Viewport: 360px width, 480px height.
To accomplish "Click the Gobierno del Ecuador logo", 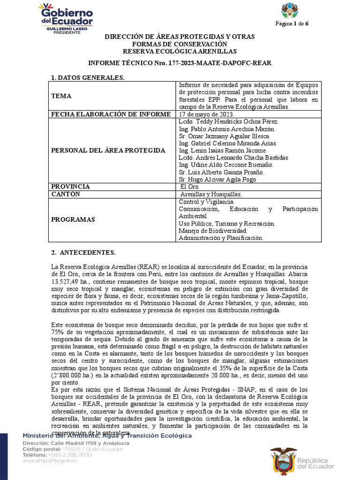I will point(65,17).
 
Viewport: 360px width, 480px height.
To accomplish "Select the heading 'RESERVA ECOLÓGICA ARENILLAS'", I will point(180,51).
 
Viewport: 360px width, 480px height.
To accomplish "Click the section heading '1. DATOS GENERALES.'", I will point(88,77).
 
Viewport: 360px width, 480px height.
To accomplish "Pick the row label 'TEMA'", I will point(61,96).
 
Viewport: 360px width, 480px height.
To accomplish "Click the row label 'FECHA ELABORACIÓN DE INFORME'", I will point(111,114).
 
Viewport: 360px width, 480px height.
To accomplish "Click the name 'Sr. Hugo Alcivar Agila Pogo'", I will point(218,180).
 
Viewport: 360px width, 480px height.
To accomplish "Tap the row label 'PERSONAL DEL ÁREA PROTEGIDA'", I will point(108,150).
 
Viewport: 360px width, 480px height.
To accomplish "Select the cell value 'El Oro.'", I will point(189,187).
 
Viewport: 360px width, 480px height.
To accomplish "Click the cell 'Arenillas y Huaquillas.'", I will point(211,194).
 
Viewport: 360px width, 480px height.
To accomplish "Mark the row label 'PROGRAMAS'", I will point(73,219).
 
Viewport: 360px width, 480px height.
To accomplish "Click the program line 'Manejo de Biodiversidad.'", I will point(213,231).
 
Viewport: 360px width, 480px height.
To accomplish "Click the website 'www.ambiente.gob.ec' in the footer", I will point(50,461).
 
